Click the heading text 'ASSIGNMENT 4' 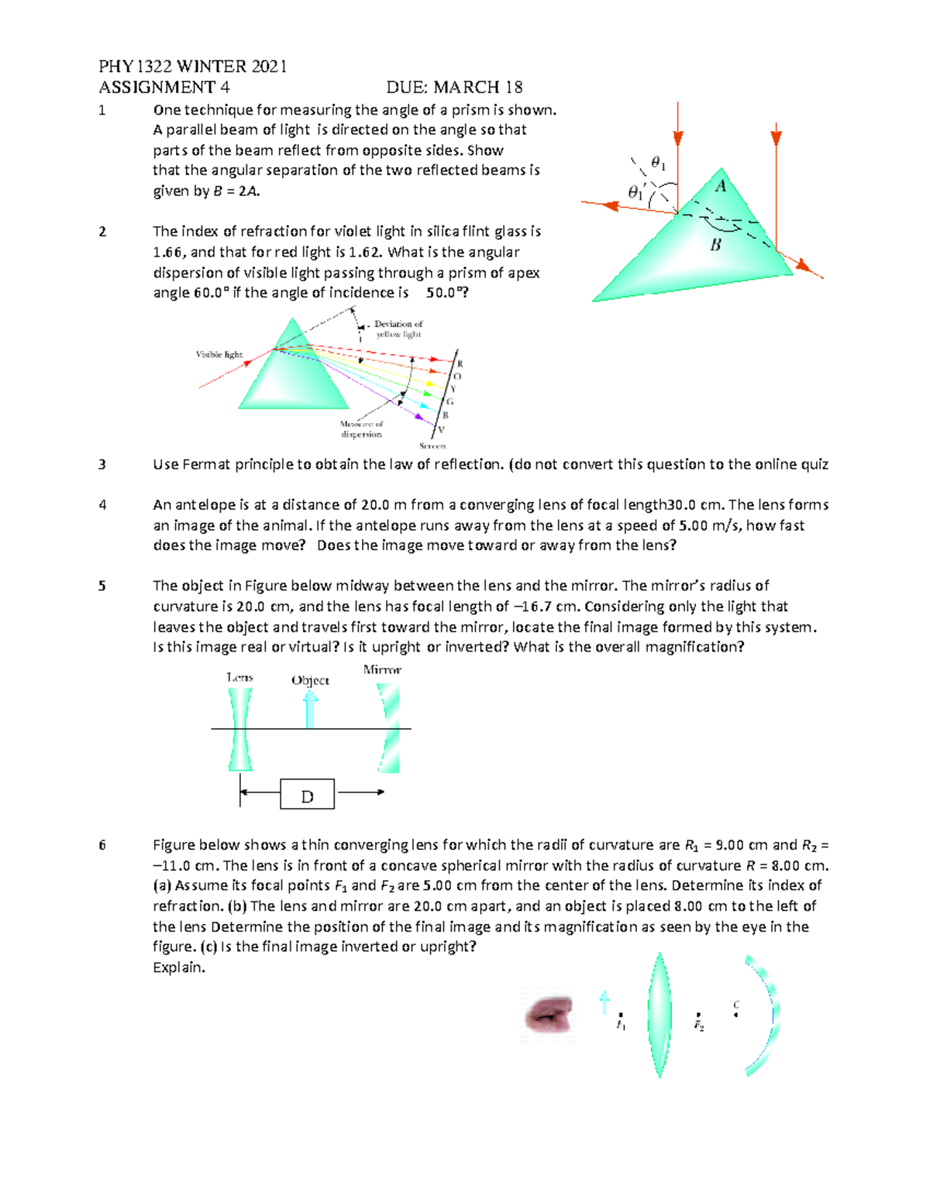(x=164, y=88)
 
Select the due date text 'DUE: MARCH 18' (x=454, y=88)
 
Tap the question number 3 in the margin (x=102, y=465)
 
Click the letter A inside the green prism (x=721, y=186)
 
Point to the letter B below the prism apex (x=715, y=245)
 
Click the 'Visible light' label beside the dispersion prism (x=219, y=355)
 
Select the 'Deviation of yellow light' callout (x=398, y=329)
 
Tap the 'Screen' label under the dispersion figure (x=432, y=446)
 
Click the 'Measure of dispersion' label (x=361, y=429)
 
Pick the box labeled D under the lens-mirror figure (x=307, y=795)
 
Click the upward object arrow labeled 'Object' (x=310, y=708)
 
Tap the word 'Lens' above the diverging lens (x=239, y=678)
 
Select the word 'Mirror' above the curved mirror (x=382, y=670)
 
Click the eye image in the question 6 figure (x=548, y=1015)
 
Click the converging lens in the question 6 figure (x=659, y=1015)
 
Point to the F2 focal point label (x=699, y=1026)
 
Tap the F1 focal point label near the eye (x=621, y=1025)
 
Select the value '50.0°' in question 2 (x=447, y=293)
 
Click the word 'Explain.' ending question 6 (x=179, y=968)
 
